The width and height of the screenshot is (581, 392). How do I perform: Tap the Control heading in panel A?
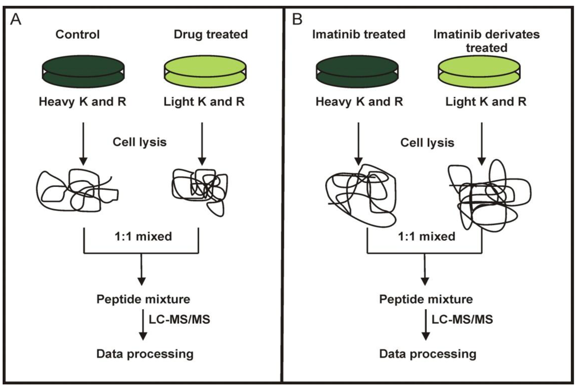[77, 35]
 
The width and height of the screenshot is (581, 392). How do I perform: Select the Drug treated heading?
[210, 35]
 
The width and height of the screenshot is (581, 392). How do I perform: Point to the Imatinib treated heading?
[359, 35]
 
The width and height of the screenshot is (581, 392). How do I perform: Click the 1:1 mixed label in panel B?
[426, 235]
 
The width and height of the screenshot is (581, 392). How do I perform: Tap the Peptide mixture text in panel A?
[142, 298]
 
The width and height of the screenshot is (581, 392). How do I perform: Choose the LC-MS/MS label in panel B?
[461, 319]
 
